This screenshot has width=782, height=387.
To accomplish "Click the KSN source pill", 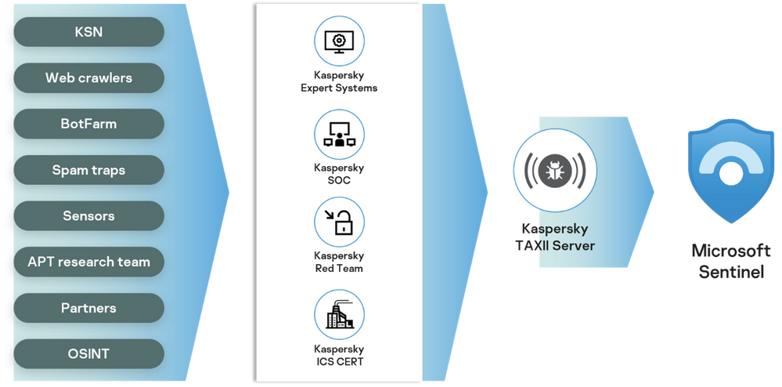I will pyautogui.click(x=88, y=32).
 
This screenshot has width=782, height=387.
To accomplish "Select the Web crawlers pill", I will pyautogui.click(x=88, y=78).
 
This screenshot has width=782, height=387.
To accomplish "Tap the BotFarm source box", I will pyautogui.click(x=88, y=124).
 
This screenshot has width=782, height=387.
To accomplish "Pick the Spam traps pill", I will pyautogui.click(x=88, y=170).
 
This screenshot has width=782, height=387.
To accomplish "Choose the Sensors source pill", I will pyautogui.click(x=88, y=215).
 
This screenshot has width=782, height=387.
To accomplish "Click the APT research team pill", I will pyautogui.click(x=88, y=262).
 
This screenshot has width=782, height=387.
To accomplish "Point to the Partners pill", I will pyautogui.click(x=88, y=308).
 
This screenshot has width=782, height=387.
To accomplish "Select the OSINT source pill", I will pyautogui.click(x=88, y=354).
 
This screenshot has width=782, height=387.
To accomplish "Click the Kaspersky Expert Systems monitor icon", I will pyautogui.click(x=339, y=40).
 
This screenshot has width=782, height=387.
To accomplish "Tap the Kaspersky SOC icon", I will pyautogui.click(x=339, y=132).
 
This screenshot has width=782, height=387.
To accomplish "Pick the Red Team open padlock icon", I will pyautogui.click(x=339, y=222).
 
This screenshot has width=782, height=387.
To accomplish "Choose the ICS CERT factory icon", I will pyautogui.click(x=339, y=313).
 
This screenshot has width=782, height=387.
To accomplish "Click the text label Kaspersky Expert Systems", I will pyautogui.click(x=339, y=82).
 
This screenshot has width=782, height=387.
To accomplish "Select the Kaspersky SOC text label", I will pyautogui.click(x=339, y=174).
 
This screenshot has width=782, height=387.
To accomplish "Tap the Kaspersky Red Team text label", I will pyautogui.click(x=339, y=262).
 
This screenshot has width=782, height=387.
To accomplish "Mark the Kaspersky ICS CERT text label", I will pyautogui.click(x=339, y=355).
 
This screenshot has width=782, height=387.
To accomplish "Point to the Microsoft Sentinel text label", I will pyautogui.click(x=729, y=262).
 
